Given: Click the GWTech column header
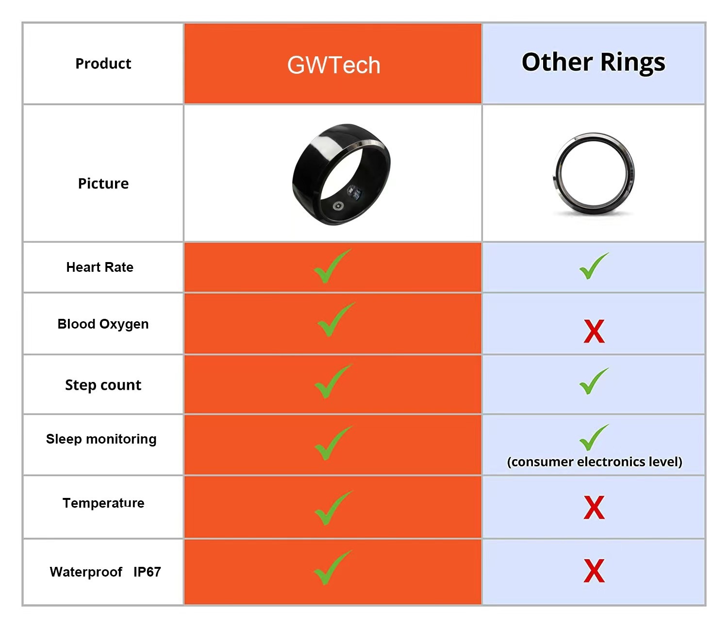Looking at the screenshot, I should [x=333, y=65].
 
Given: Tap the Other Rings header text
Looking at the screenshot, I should [x=593, y=63].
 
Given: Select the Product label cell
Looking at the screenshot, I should [x=103, y=64].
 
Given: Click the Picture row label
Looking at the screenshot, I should [x=103, y=183].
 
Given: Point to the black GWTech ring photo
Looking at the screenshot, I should [x=341, y=174].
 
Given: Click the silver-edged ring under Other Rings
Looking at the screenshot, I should [x=594, y=174].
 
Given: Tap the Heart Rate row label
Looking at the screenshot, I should [x=99, y=267].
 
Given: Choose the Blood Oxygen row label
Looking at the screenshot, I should [x=103, y=324].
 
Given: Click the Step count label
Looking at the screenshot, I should [x=103, y=385].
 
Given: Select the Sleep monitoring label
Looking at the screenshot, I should [x=101, y=439].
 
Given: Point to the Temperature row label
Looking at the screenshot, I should [x=103, y=503].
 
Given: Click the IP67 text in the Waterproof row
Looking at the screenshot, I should [x=147, y=572].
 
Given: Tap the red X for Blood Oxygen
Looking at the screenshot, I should [x=594, y=331].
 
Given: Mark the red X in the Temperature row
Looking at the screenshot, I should [x=594, y=508].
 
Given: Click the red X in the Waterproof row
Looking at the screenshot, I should [x=594, y=571].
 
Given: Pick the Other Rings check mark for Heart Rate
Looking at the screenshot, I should [x=593, y=266].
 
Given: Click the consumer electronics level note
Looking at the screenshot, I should [x=595, y=462].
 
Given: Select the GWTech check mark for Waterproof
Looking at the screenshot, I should [x=331, y=568].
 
